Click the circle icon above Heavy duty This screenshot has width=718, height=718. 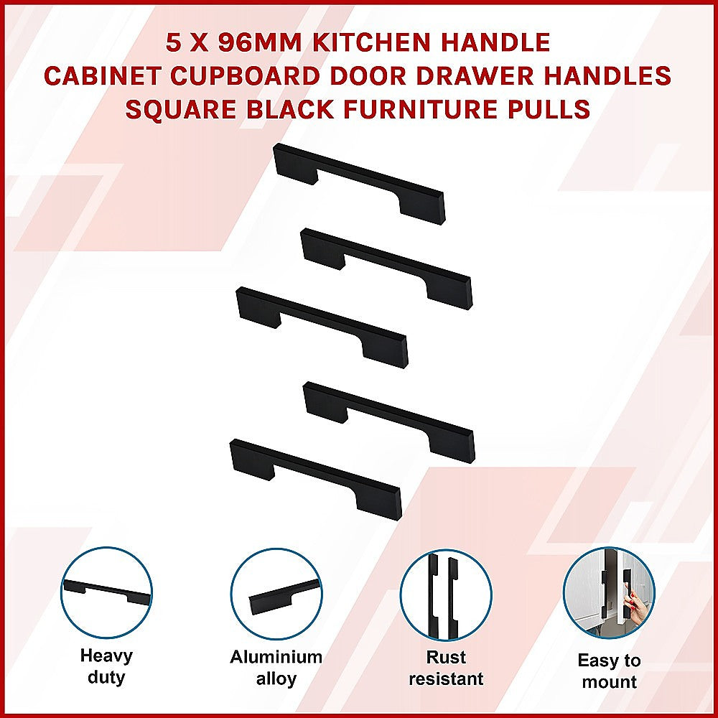pyautogui.click(x=106, y=593)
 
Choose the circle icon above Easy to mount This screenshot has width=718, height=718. pyautogui.click(x=609, y=593)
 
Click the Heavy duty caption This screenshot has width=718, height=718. pyautogui.click(x=106, y=666)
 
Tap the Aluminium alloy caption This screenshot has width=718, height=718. pyautogui.click(x=276, y=668)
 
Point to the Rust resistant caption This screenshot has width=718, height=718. pyautogui.click(x=446, y=668)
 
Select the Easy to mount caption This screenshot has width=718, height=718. pyautogui.click(x=609, y=671)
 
